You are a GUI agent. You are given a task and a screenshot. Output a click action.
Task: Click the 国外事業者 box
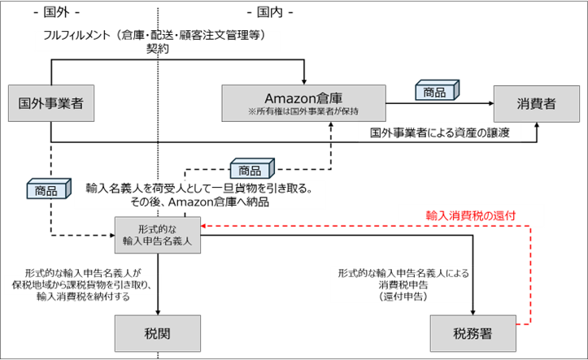[50, 103]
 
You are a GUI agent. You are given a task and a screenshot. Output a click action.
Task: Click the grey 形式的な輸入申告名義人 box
[155, 232]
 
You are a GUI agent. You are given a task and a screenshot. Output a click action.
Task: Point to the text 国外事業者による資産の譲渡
[439, 132]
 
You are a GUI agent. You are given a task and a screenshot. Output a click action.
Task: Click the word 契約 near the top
[157, 48]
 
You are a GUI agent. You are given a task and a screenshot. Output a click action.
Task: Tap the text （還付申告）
[403, 298]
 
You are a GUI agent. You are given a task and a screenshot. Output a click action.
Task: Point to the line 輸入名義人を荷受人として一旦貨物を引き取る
[200, 188]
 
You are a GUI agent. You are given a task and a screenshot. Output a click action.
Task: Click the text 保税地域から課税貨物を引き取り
[81, 285]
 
